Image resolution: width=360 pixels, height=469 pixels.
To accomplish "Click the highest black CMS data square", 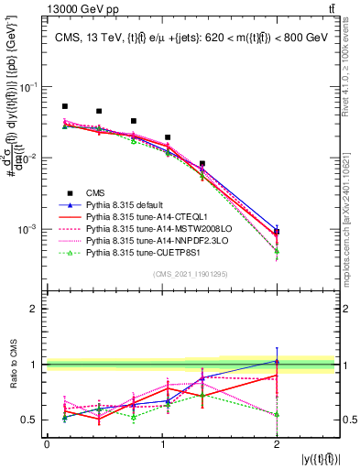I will click(65, 107).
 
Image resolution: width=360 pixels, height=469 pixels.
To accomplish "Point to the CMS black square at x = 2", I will click(277, 232).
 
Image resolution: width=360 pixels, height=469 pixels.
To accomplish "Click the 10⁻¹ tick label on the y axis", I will click(29, 87).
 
